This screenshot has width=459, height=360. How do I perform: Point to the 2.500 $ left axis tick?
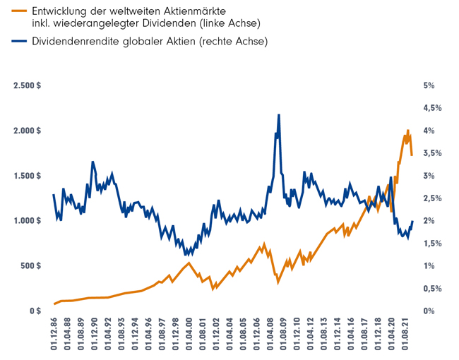coord(27,85)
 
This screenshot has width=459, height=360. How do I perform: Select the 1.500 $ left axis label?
coord(27,176)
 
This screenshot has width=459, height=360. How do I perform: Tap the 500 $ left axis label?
coord(31,266)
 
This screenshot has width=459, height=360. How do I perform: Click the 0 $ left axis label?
coord(35,311)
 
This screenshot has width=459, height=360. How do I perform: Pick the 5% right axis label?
coord(428,85)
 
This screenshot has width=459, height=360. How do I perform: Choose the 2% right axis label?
coord(428,221)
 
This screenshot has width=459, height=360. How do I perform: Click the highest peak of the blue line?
coord(279,115)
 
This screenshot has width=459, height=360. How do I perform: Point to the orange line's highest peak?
coord(408,131)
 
